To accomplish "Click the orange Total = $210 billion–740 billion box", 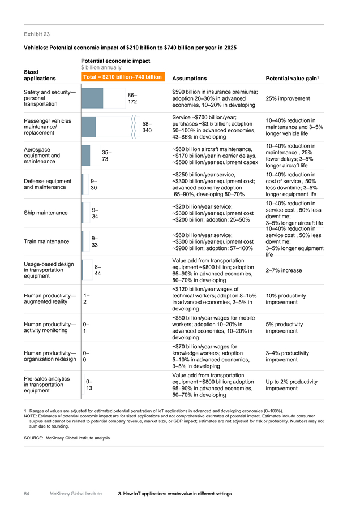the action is [x=123, y=77].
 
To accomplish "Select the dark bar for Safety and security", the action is [x=92, y=98].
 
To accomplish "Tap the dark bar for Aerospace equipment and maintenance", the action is [x=86, y=156].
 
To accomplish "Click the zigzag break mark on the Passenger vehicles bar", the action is [x=134, y=127].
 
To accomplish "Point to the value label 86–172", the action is [x=132, y=98].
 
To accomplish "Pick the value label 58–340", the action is [x=147, y=127].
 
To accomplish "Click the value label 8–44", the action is [x=97, y=270].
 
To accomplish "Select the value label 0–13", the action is [x=89, y=385].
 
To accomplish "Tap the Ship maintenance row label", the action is [x=46, y=213].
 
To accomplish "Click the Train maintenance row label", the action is [x=46, y=241].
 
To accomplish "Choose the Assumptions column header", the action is [x=190, y=79].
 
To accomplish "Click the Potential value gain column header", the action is [x=292, y=78].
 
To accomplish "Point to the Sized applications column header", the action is [x=40, y=75].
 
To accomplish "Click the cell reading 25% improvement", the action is [x=288, y=98].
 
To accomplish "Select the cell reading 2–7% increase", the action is [x=284, y=270].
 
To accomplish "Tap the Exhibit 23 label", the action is [x=37, y=34].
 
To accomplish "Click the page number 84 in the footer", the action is [x=27, y=494].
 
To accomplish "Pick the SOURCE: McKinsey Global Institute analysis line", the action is [x=67, y=438].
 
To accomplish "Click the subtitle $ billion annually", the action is [x=101, y=67].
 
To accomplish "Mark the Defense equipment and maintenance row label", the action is [x=48, y=184].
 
